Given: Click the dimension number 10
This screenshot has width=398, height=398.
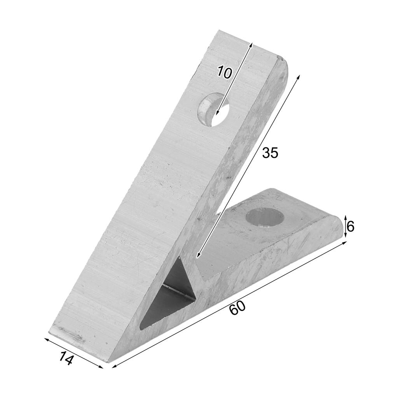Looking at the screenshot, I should pos(224,72).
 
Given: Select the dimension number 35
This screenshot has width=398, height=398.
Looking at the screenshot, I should pos(270,153).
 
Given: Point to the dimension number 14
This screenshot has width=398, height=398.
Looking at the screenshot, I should pos(66,358).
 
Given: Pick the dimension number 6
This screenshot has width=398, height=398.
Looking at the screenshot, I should pos(350,226).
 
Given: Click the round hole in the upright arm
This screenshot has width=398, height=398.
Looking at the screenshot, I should pos(213,109).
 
